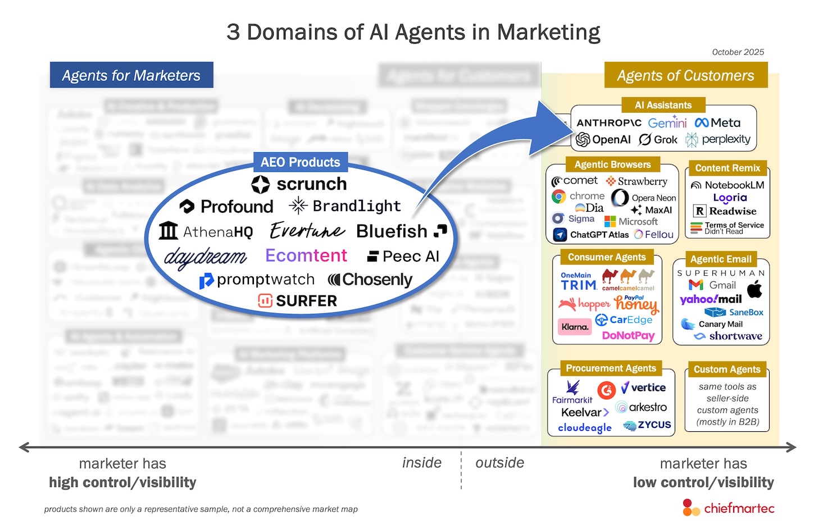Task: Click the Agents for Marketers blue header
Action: [x=131, y=75]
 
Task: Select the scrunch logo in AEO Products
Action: [x=299, y=184]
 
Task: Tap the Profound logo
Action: [x=226, y=207]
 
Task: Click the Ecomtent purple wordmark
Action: [x=306, y=256]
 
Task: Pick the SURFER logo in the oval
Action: [x=298, y=301]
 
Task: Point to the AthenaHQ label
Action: [x=206, y=231]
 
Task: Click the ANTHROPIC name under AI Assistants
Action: [x=608, y=122]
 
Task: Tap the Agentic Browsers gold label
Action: [x=612, y=165]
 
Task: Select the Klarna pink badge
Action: [x=575, y=327]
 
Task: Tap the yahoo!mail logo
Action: [x=711, y=299]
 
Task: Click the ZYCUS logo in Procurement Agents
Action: [x=647, y=425]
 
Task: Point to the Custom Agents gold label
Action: [x=726, y=370]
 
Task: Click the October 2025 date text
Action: [x=738, y=52]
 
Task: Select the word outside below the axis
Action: [x=499, y=463]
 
